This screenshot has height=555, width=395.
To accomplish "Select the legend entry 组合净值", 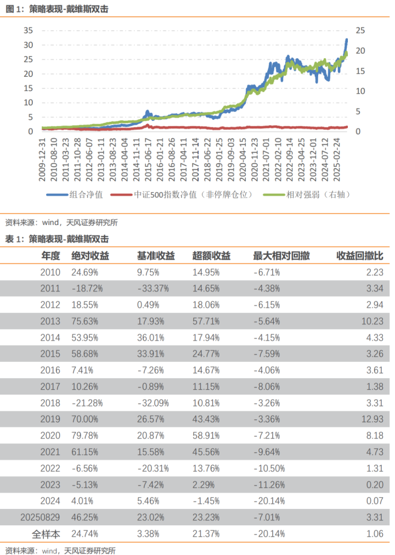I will coord(83,194).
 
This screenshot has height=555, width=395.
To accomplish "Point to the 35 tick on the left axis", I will coord(29,30).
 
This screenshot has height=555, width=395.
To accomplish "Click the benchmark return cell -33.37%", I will coord(153,288).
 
